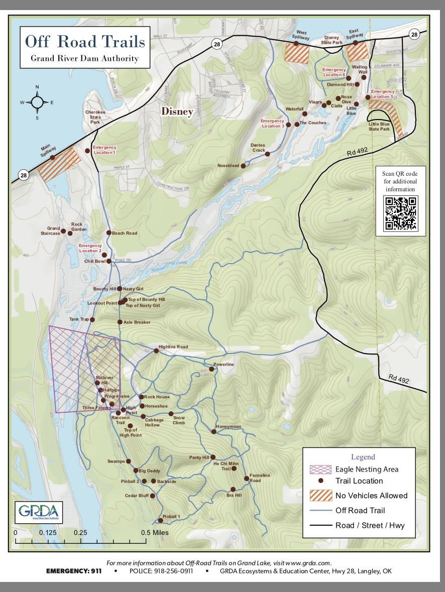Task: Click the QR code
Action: [400, 213]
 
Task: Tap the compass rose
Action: [37, 103]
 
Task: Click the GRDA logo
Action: [39, 512]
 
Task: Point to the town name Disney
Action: [177, 111]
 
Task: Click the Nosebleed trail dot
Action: [243, 166]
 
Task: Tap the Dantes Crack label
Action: [258, 148]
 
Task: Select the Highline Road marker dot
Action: [156, 351]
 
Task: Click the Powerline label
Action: [224, 364]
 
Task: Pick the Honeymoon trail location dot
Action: [213, 431]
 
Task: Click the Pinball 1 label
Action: [172, 516]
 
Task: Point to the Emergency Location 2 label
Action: [90, 248]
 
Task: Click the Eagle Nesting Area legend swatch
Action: [320, 469]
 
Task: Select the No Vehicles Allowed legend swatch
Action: [320, 496]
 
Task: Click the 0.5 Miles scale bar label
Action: [155, 532]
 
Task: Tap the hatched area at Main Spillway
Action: [59, 164]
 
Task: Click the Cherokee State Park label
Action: [95, 117]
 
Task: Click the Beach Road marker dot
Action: [108, 232]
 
